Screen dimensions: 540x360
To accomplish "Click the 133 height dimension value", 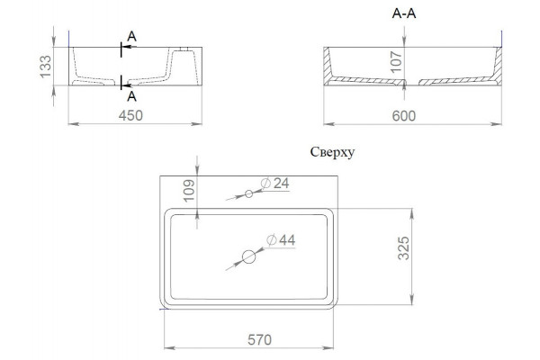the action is tap(46, 67).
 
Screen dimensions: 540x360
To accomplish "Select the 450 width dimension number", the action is tap(130, 115).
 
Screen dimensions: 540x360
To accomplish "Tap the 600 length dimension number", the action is tap(404, 116).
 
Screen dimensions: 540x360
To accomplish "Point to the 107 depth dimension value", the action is tap(396, 62).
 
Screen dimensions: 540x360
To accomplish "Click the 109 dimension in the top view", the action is tap(189, 191).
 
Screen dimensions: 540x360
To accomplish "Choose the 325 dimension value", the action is tap(403, 248).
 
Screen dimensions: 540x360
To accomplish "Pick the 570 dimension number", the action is tap(260, 340).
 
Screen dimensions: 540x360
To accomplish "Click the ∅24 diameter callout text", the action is tap(274, 184).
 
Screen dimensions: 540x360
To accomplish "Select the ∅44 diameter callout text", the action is tap(281, 239).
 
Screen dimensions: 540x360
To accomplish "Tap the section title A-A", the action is tap(404, 13).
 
